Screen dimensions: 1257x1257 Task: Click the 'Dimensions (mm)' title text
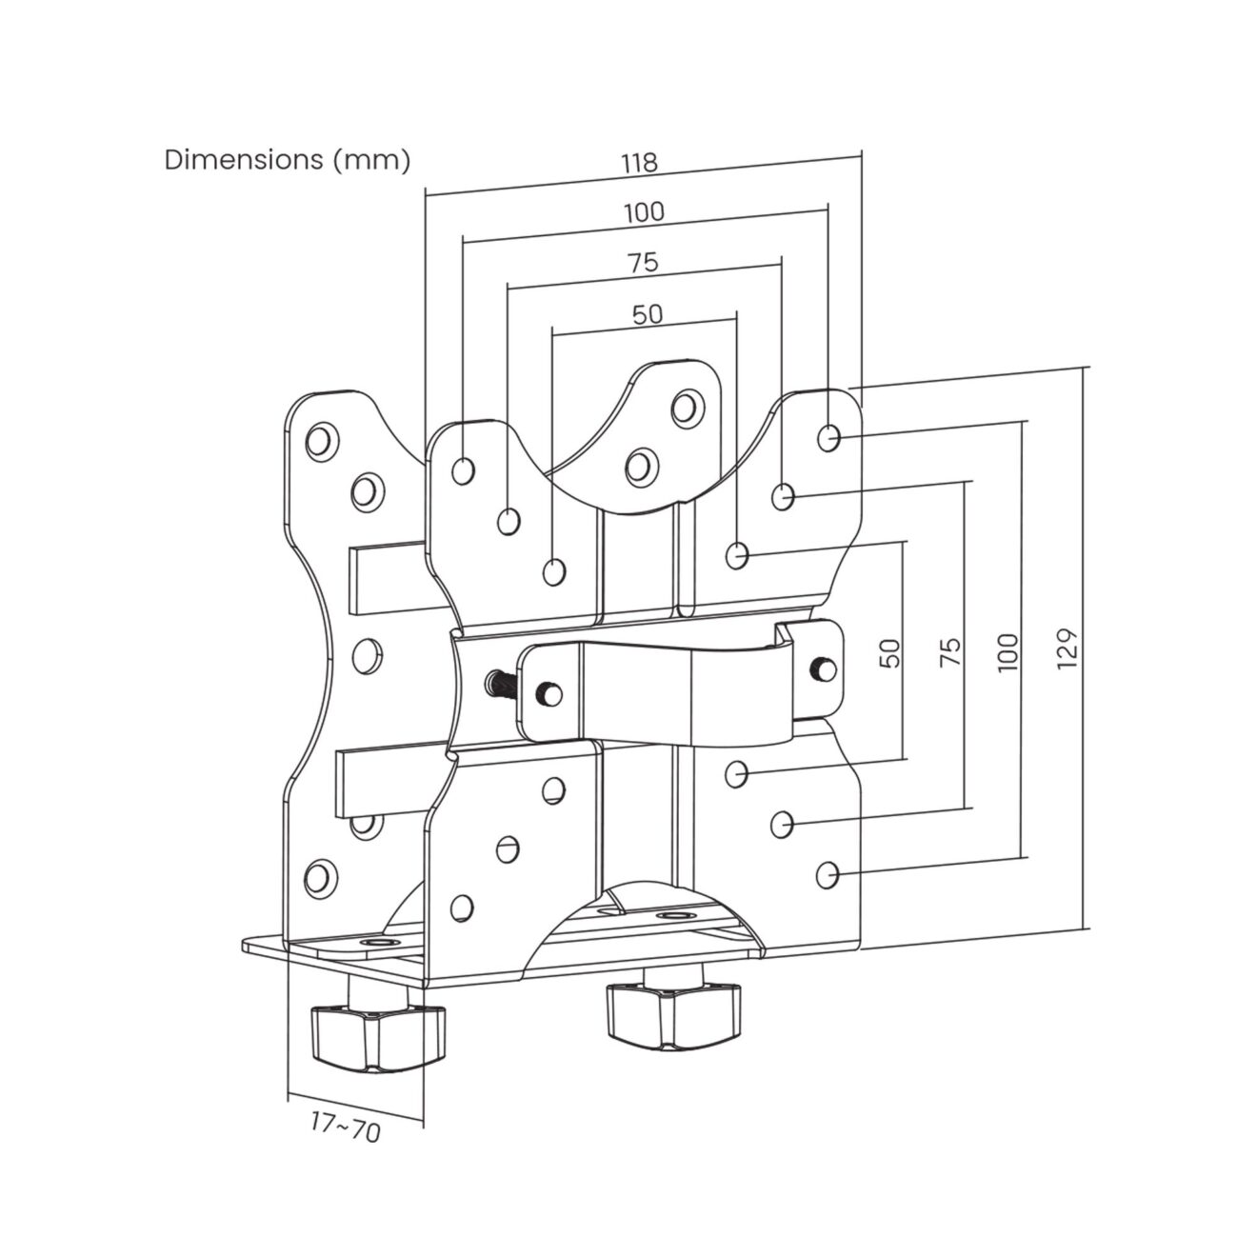(x=288, y=159)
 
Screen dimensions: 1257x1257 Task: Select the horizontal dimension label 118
(x=639, y=163)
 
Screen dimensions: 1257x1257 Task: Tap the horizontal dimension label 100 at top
(x=645, y=212)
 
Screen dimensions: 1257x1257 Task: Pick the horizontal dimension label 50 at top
(x=647, y=313)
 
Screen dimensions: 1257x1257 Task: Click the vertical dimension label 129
(x=1067, y=648)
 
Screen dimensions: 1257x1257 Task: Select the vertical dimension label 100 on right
(x=1008, y=652)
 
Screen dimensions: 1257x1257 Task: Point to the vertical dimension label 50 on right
(x=890, y=652)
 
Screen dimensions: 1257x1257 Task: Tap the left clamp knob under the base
(x=378, y=1034)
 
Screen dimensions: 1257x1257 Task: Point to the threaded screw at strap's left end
(x=497, y=682)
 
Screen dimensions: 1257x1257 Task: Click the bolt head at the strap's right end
(x=820, y=668)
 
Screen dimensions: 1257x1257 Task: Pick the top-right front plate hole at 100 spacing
(x=829, y=437)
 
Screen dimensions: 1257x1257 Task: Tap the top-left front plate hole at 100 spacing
(x=464, y=470)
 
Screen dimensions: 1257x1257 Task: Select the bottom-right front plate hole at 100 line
(x=829, y=871)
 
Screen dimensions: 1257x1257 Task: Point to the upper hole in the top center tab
(x=685, y=407)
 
